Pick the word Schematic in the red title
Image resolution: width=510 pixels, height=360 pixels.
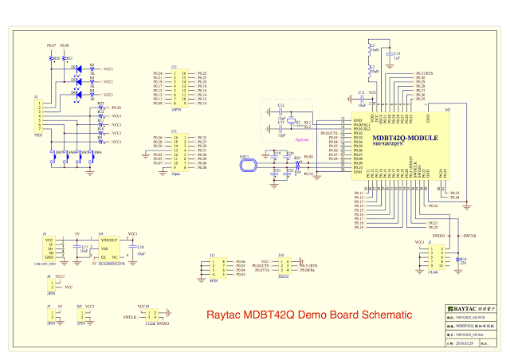coord(382,315)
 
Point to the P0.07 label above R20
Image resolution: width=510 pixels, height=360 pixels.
coord(52,46)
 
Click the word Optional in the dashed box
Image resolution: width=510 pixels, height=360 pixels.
coord(284,141)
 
